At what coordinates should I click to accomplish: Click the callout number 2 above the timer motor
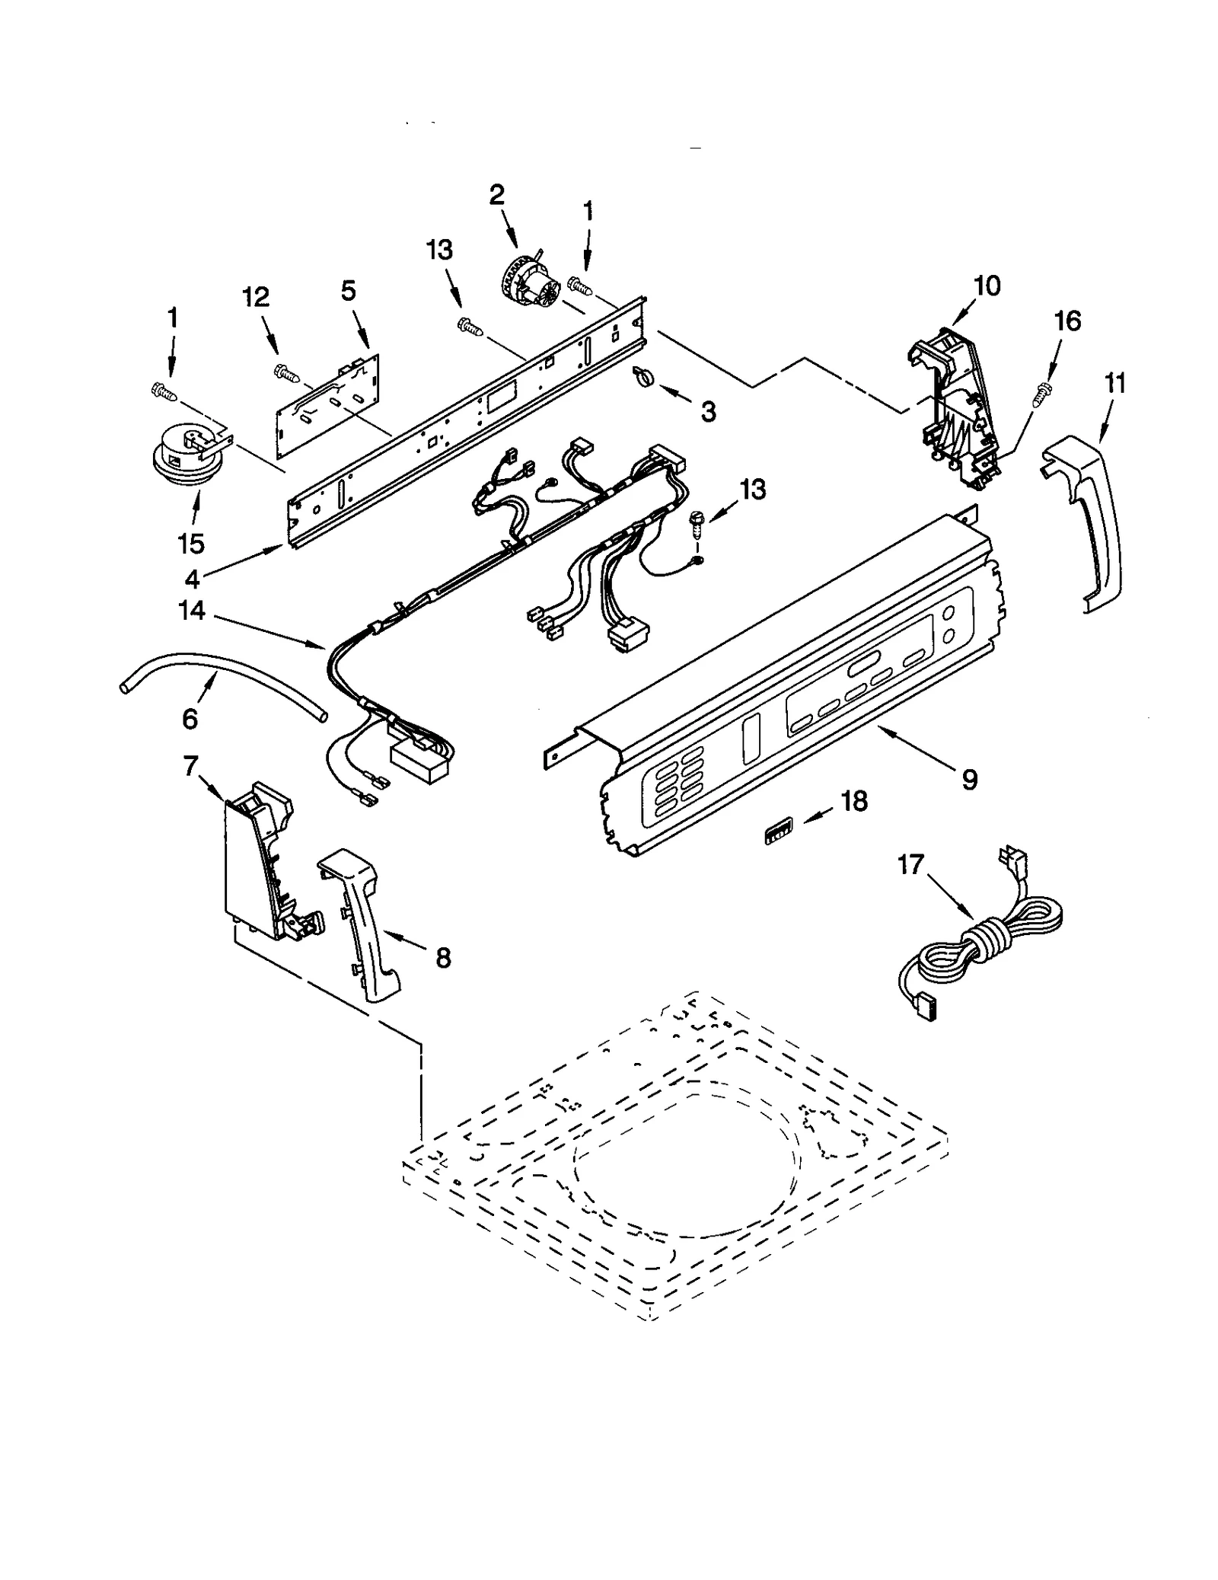496,196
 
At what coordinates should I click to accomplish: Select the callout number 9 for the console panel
969,779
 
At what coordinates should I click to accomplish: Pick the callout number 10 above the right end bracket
987,286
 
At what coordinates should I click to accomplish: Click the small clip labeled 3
642,375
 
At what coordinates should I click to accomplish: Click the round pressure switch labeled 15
181,461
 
